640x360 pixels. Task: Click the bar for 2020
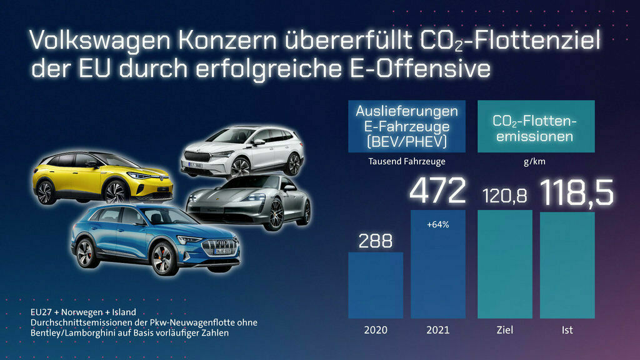(x=375, y=284)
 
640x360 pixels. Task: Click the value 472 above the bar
(x=437, y=191)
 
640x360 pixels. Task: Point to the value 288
(x=375, y=241)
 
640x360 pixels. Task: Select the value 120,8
(x=504, y=196)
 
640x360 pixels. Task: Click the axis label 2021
(x=437, y=330)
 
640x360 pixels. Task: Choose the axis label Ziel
(x=504, y=330)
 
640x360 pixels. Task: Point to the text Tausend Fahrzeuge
(x=406, y=161)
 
